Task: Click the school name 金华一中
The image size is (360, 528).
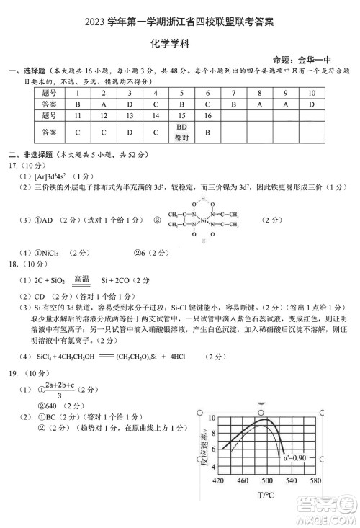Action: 323,62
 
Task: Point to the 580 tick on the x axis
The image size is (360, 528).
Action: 316,480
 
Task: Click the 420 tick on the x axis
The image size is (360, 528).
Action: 220,480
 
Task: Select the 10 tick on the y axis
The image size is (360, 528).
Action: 210,418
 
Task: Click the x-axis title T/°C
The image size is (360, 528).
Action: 268,496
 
